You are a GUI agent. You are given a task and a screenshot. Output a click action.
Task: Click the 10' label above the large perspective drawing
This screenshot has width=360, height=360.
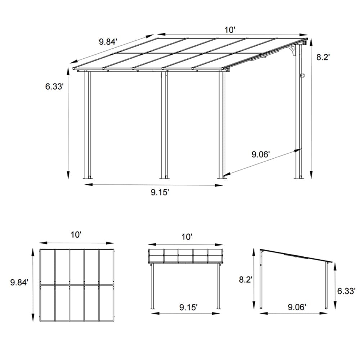pyautogui.click(x=230, y=30)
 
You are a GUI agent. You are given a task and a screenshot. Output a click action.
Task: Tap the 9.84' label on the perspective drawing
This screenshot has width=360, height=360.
pyautogui.click(x=108, y=42)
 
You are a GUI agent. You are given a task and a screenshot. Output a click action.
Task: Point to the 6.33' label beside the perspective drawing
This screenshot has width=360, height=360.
pyautogui.click(x=54, y=86)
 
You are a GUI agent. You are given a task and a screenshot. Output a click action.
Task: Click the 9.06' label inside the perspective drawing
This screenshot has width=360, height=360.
pyautogui.click(x=261, y=154)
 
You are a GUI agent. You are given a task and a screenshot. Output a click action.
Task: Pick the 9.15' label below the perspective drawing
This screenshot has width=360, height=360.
pyautogui.click(x=160, y=192)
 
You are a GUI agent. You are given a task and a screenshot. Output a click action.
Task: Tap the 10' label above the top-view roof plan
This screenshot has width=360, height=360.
pyautogui.click(x=76, y=235)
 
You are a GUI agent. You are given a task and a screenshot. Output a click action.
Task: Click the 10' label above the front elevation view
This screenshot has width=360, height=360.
pyautogui.click(x=187, y=237)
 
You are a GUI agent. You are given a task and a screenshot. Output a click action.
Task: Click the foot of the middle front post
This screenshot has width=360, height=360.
pyautogui.click(x=164, y=177)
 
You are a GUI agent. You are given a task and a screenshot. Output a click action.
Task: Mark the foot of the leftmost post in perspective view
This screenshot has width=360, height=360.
pyautogui.click(x=87, y=177)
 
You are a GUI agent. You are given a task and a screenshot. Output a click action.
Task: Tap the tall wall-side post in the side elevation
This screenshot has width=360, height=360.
pyautogui.click(x=261, y=281)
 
